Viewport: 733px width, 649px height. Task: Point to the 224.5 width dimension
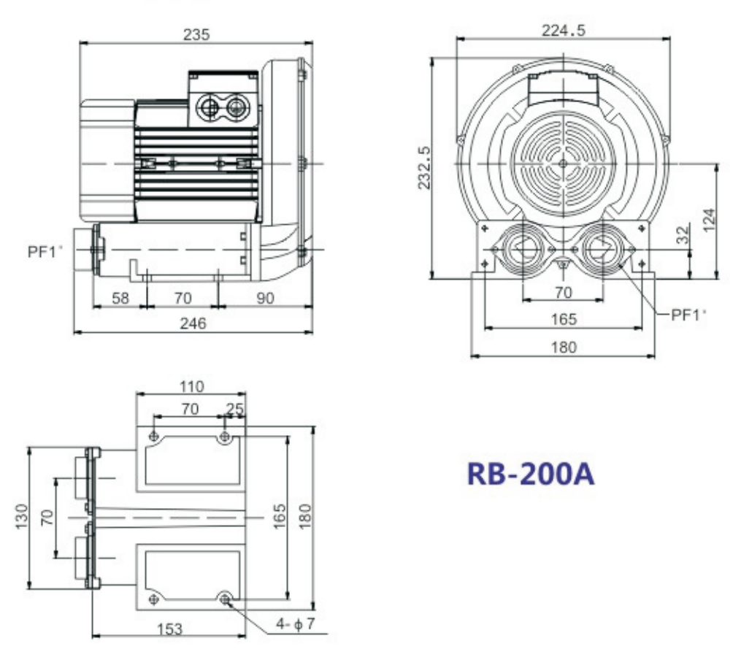pyautogui.click(x=564, y=30)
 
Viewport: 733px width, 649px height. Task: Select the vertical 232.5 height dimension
pyautogui.click(x=423, y=167)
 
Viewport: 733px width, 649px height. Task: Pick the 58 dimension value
pyautogui.click(x=120, y=298)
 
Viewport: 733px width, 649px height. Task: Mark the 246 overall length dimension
pyautogui.click(x=193, y=323)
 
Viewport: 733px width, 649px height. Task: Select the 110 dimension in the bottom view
pyautogui.click(x=191, y=386)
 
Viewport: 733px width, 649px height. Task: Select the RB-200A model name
pyautogui.click(x=531, y=474)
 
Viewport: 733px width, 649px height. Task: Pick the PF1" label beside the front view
pyautogui.click(x=689, y=315)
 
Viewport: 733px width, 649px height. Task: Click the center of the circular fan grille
pyautogui.click(x=564, y=164)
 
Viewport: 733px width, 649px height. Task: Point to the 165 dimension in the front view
pyautogui.click(x=564, y=319)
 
